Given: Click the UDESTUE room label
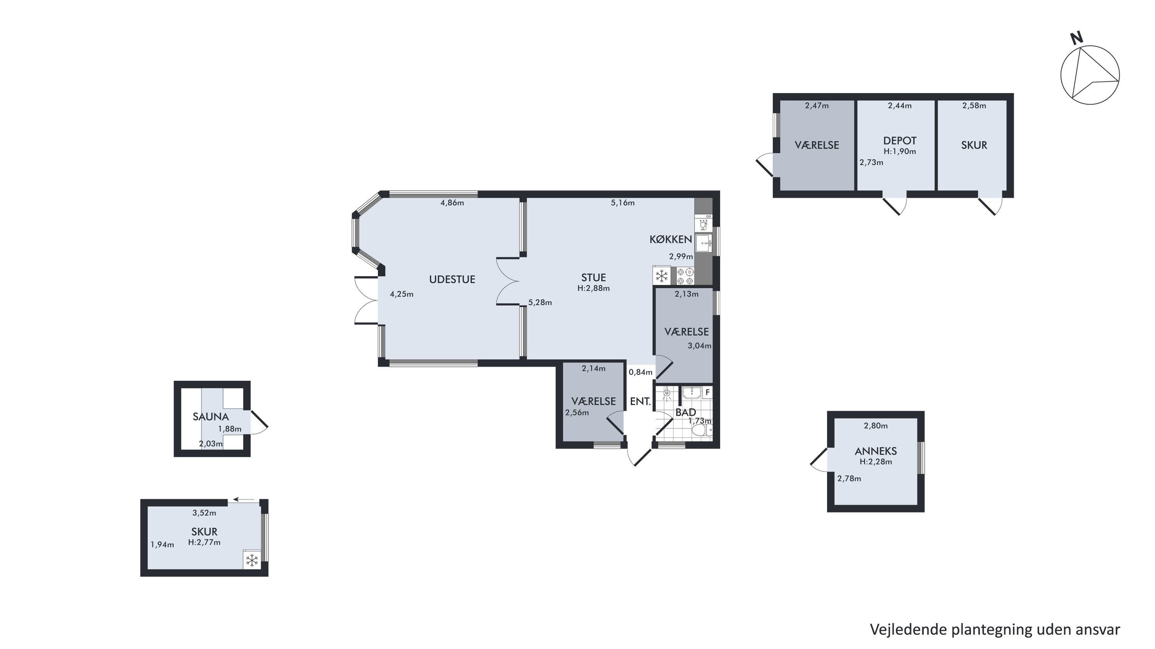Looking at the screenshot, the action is pyautogui.click(x=452, y=279).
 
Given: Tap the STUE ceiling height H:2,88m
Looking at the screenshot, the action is pyautogui.click(x=593, y=288).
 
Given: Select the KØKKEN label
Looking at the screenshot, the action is pyautogui.click(x=671, y=239).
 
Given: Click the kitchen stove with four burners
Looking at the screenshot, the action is pyautogui.click(x=685, y=276).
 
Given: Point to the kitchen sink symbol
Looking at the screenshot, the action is pyautogui.click(x=704, y=243).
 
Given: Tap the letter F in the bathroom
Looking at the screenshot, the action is pyautogui.click(x=707, y=393).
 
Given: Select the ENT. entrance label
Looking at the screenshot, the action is pyautogui.click(x=640, y=401).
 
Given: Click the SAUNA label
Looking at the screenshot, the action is pyautogui.click(x=211, y=416).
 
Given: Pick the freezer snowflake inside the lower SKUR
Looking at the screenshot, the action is pyautogui.click(x=252, y=560).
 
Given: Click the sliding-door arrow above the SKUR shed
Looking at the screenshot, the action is pyautogui.click(x=244, y=499).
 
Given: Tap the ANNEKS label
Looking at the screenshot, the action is pyautogui.click(x=876, y=451).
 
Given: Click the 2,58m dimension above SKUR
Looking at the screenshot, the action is pyautogui.click(x=974, y=106).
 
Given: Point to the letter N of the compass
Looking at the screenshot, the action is pyautogui.click(x=1076, y=38).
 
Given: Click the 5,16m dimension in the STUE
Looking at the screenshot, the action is pyautogui.click(x=623, y=202).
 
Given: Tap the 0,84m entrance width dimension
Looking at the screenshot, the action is pyautogui.click(x=640, y=372).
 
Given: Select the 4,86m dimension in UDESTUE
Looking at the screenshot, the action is pyautogui.click(x=452, y=202).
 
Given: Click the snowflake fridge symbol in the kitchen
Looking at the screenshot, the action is pyautogui.click(x=662, y=276).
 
